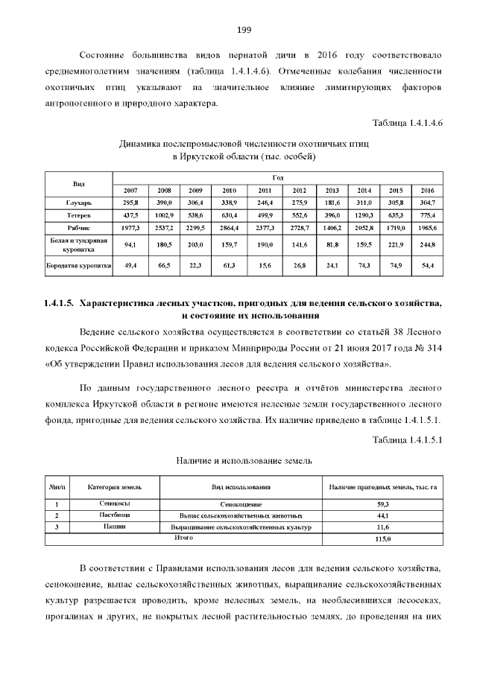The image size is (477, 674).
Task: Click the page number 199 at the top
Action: pos(244,30)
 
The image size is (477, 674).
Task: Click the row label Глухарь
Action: pos(78,203)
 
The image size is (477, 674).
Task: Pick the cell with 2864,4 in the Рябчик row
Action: pos(229,227)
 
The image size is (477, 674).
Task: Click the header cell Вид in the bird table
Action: pos(78,184)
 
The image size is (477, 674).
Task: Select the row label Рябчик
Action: pos(78,227)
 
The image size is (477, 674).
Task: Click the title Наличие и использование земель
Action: pos(244,462)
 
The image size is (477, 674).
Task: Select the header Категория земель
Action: pos(114,487)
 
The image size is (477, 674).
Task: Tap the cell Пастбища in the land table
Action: pos(114,515)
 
